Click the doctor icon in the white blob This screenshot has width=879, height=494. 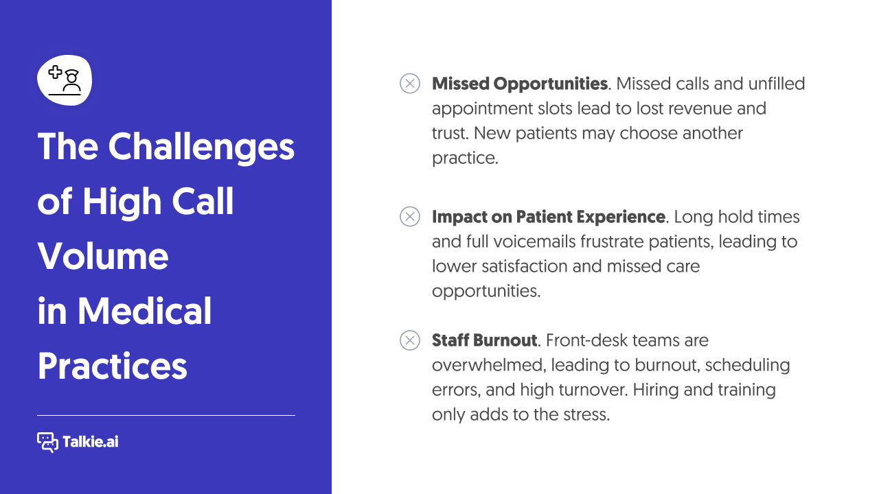(x=65, y=80)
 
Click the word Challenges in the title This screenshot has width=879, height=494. (x=201, y=147)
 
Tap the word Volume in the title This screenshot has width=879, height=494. (x=103, y=256)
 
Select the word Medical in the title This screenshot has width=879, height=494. (x=145, y=311)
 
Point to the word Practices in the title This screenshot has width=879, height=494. (x=112, y=366)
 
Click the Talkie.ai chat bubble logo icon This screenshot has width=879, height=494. (x=47, y=443)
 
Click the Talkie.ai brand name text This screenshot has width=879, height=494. (x=91, y=443)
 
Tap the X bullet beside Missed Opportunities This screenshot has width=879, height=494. (x=410, y=84)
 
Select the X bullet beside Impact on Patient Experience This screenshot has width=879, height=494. (x=410, y=217)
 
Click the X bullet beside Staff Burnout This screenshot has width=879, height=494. (x=410, y=340)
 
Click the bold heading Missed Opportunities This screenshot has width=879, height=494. (x=519, y=84)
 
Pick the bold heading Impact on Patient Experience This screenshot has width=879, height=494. (x=548, y=217)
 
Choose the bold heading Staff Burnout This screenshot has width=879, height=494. (x=484, y=340)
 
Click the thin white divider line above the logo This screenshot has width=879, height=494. (x=166, y=415)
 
